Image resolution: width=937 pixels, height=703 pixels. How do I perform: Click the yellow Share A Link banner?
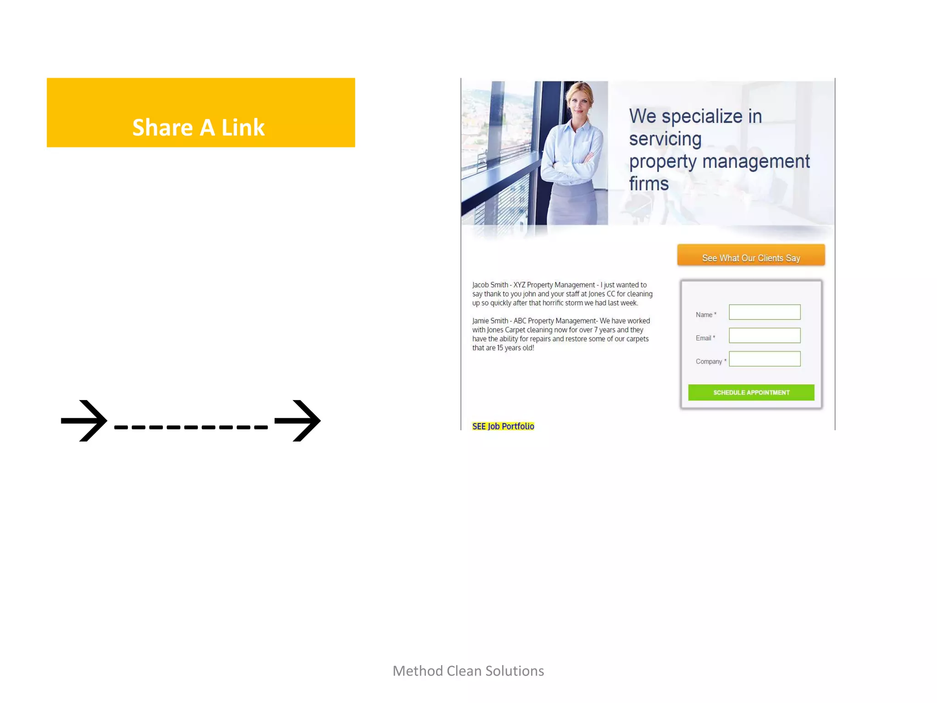(200, 113)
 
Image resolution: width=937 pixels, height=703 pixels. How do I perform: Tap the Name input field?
(764, 312)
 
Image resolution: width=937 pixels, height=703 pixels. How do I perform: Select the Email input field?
(764, 335)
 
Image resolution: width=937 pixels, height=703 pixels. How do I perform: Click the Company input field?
(764, 359)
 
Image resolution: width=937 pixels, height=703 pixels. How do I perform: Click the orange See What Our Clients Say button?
(751, 255)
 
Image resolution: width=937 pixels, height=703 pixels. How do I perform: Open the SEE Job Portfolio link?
(503, 426)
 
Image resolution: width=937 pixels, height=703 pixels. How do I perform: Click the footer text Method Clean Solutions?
(468, 671)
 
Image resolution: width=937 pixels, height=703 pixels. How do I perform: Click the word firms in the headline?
(648, 184)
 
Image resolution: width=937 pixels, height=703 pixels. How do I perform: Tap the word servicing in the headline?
(665, 139)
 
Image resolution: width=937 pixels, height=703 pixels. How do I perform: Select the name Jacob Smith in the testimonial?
(490, 285)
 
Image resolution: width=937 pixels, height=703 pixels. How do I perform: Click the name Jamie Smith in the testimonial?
(490, 321)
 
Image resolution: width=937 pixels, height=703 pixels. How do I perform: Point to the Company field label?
(709, 362)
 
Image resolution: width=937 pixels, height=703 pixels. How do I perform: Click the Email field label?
(704, 338)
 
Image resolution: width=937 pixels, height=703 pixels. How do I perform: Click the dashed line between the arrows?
(191, 427)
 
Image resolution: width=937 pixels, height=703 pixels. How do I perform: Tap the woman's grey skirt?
(574, 206)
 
